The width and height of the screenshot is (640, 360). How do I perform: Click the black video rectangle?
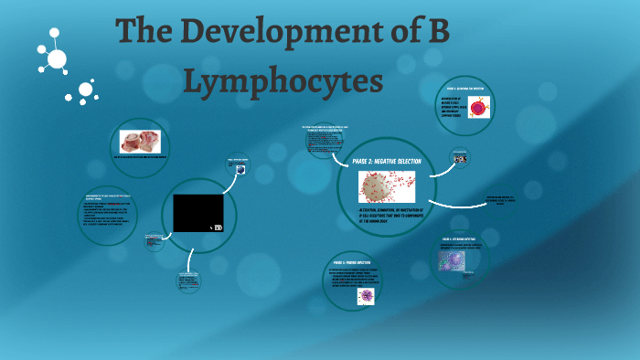[x=198, y=212]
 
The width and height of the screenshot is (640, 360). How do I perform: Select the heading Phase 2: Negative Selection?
[x=387, y=160]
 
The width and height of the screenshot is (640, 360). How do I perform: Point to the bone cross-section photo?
[x=141, y=141]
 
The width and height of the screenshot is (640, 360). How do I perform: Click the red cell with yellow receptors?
[x=480, y=106]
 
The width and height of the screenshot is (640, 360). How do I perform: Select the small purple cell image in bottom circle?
[x=365, y=296]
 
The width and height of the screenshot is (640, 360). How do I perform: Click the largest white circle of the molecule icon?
[x=57, y=59]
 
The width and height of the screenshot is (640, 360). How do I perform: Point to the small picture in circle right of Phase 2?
[x=458, y=158]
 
